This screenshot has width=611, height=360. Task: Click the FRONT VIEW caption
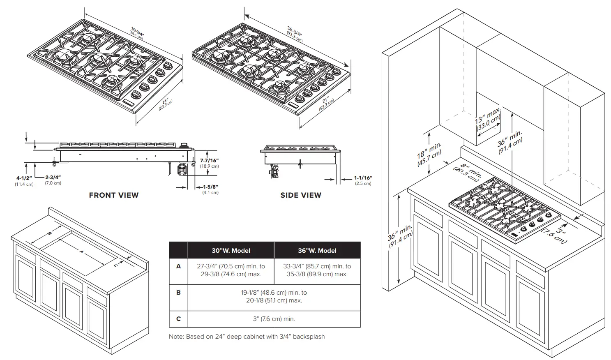point(114,195)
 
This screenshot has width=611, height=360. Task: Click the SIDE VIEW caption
point(301,195)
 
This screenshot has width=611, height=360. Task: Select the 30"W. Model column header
point(231,250)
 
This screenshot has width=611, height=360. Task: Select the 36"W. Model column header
point(317,250)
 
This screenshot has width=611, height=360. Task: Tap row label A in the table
point(178,266)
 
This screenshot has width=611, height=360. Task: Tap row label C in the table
point(178,318)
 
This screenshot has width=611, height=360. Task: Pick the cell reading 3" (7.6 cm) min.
point(274,319)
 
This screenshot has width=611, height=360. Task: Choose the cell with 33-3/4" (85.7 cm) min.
point(317,270)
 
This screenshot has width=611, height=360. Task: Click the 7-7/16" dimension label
point(209,163)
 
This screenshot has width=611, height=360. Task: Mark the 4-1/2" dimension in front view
point(24,180)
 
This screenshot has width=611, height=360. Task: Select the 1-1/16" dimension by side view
point(363,180)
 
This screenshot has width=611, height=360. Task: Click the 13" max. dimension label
point(488,118)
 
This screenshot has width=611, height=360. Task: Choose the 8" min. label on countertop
point(467,172)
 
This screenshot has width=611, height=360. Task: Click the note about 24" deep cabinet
point(247,337)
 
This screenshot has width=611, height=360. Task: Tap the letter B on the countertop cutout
point(49,233)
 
